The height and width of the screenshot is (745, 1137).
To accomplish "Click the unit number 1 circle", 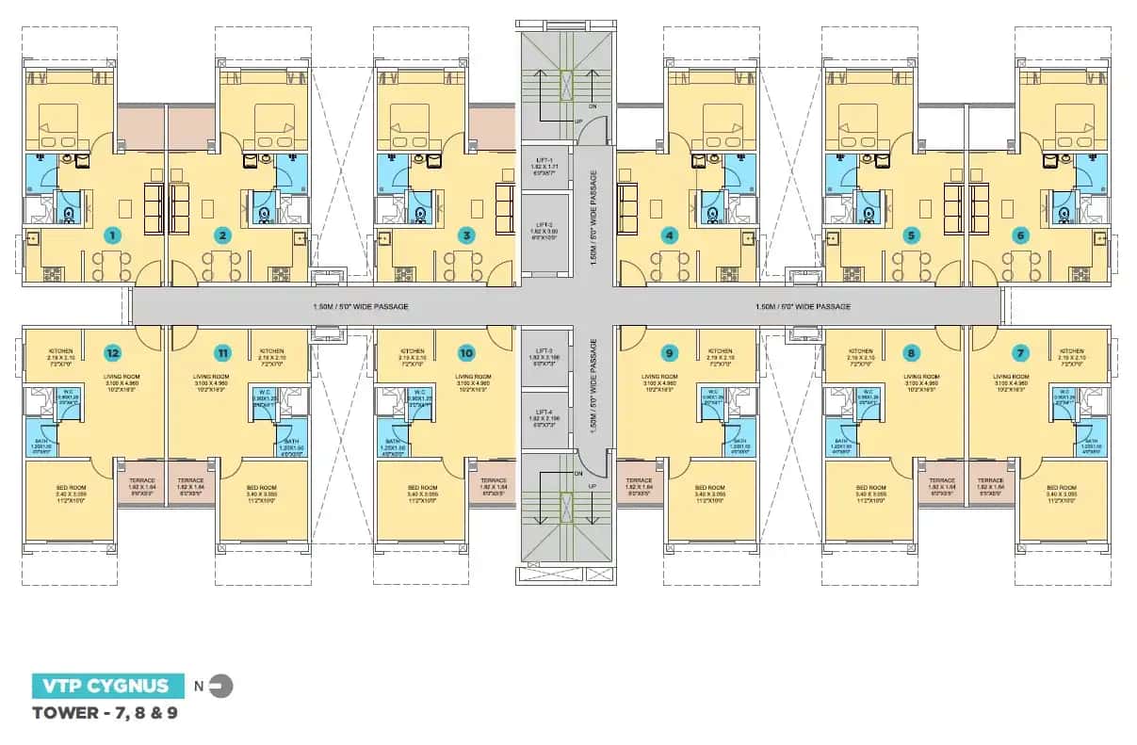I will pos(113,235).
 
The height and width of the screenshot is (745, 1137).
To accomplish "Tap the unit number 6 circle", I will pos(1022,235).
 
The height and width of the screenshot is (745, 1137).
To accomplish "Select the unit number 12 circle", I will pos(113,354).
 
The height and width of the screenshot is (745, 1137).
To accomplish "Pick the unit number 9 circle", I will pos(669,354).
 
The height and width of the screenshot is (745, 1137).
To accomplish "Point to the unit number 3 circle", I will pos(464,235).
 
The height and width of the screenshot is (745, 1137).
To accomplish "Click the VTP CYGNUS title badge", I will pos(101,686).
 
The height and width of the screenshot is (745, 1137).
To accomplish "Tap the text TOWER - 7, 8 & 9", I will pos(105,713).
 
